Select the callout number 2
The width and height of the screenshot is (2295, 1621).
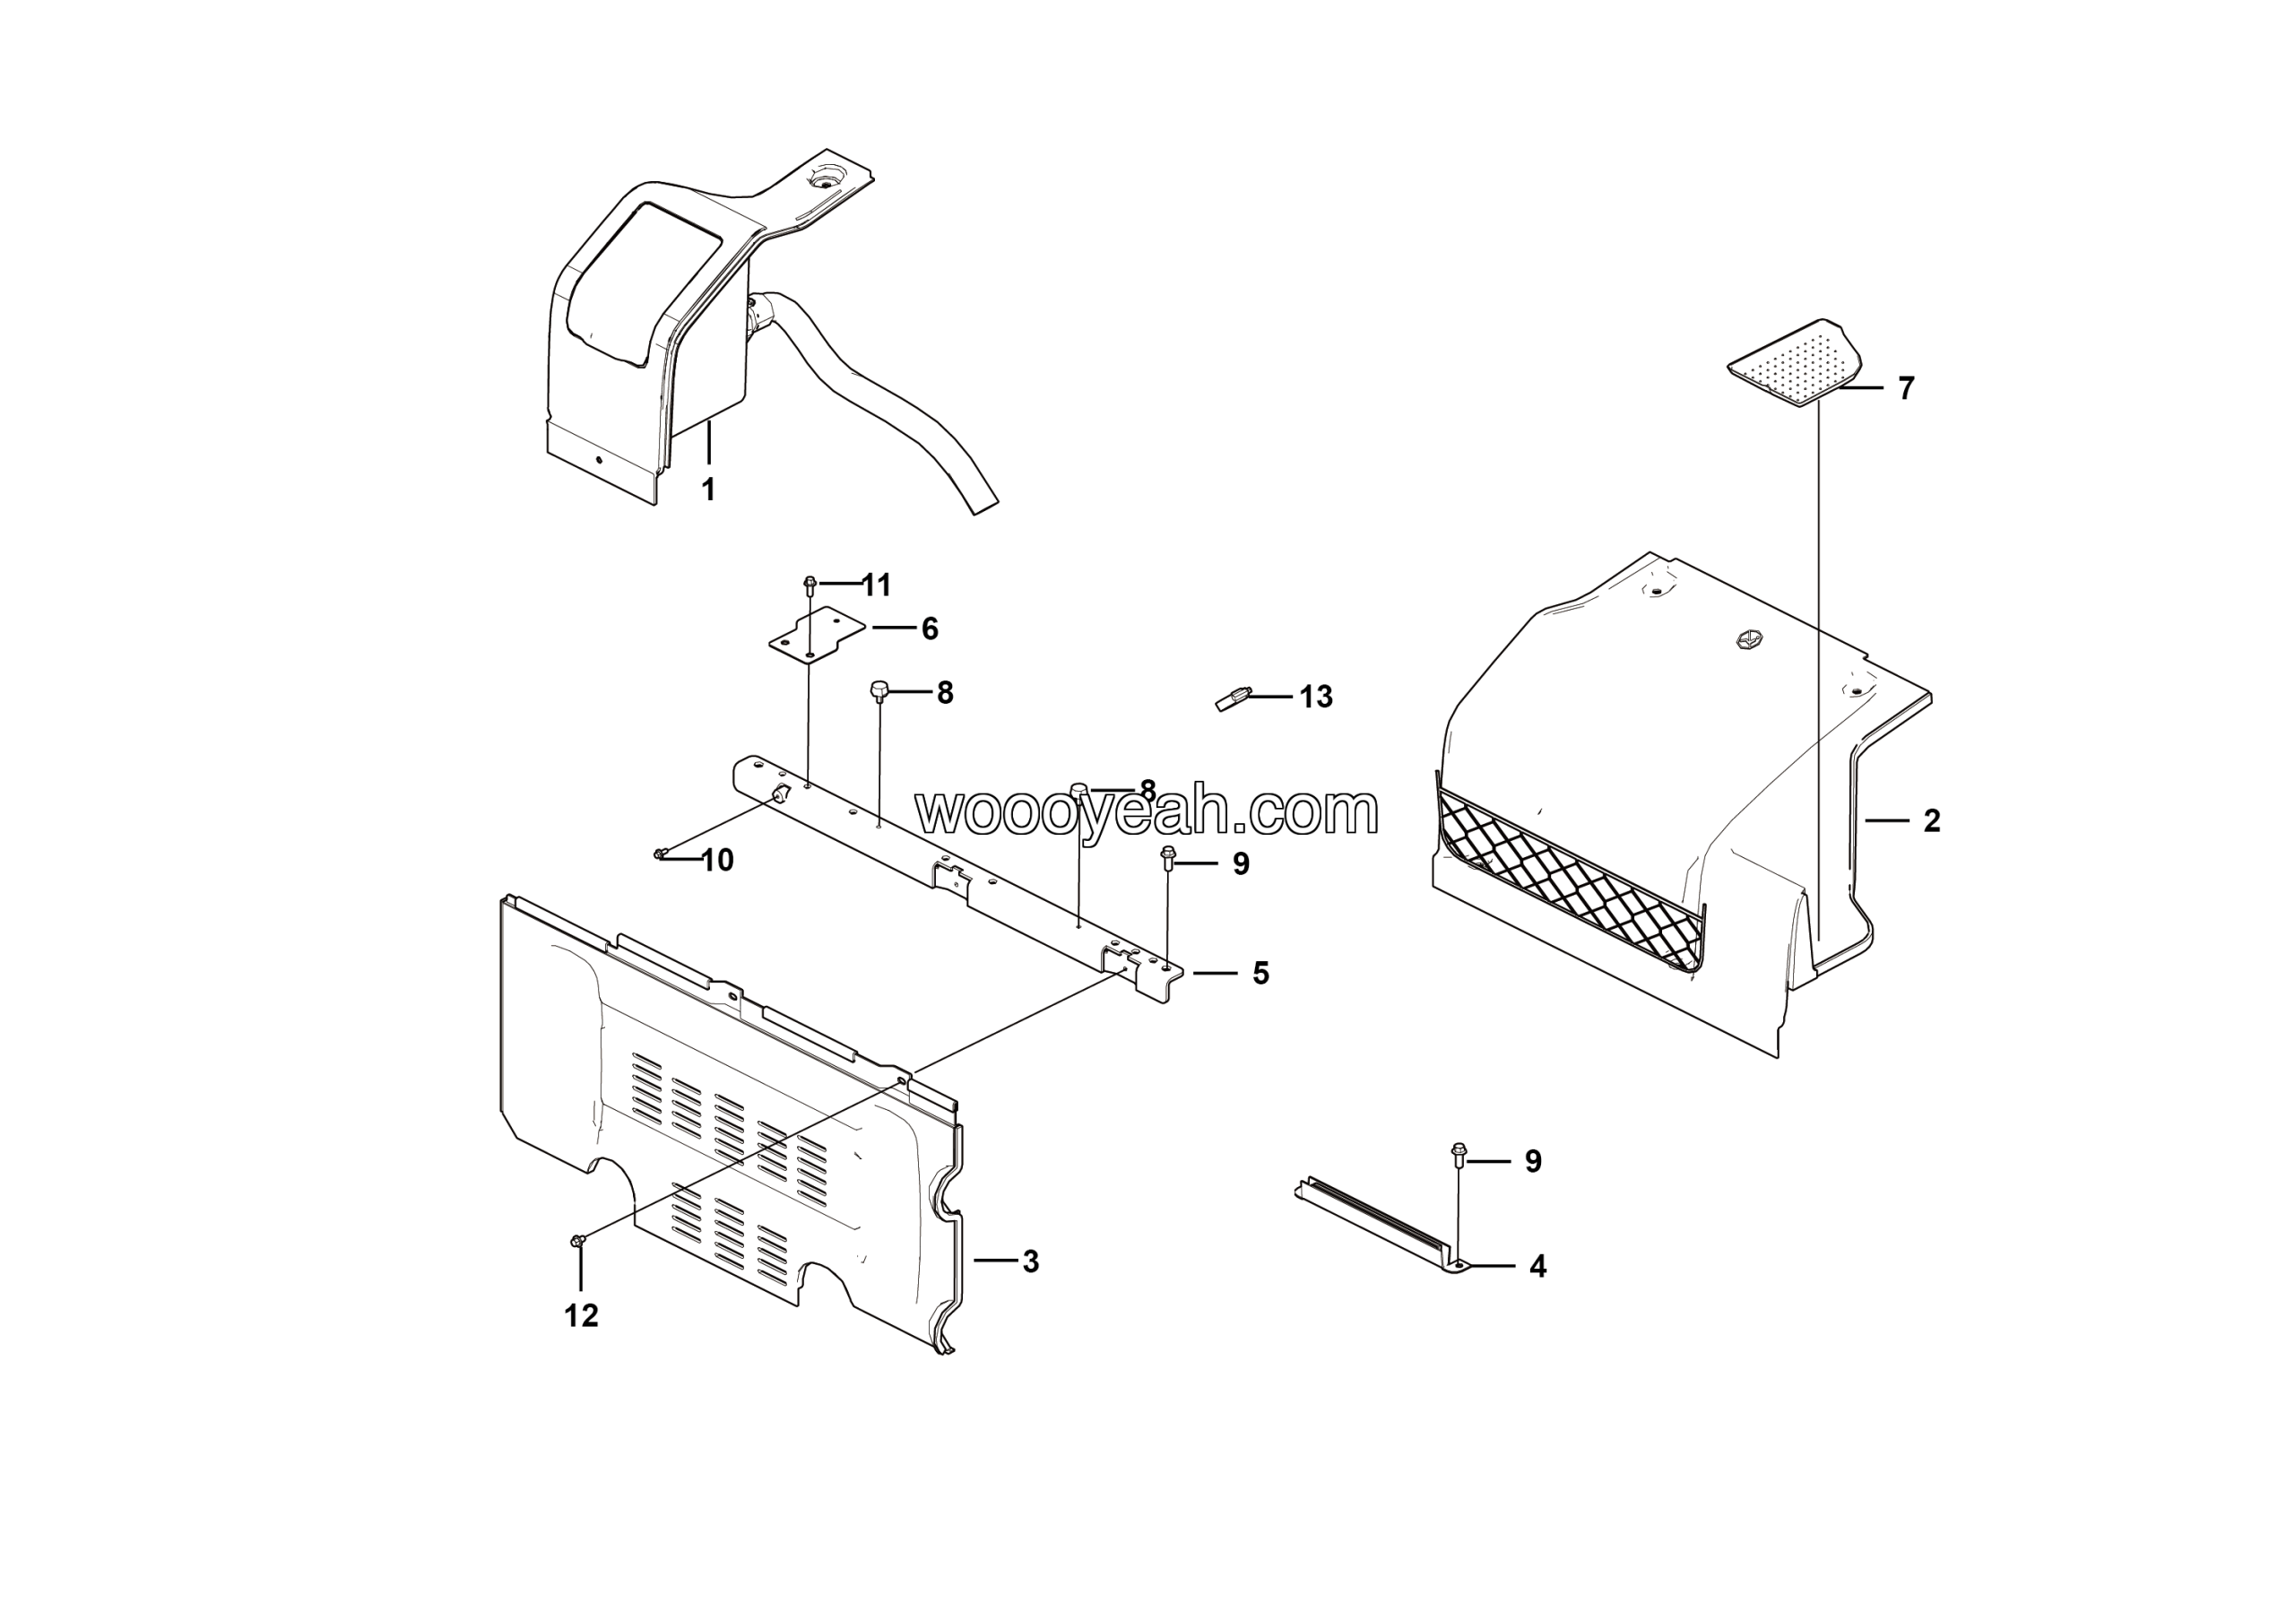point(1932,820)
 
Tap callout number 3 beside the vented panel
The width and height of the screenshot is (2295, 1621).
point(1031,1261)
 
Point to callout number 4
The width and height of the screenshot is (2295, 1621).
point(1537,1266)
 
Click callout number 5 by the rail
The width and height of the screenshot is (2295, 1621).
point(1260,973)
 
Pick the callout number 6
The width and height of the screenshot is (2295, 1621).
point(930,628)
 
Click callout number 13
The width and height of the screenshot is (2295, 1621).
point(1316,697)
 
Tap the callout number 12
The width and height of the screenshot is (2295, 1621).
point(582,1316)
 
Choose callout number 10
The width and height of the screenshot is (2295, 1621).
point(718,860)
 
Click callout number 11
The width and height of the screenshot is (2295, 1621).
point(877,585)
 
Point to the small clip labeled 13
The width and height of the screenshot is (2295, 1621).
point(1234,698)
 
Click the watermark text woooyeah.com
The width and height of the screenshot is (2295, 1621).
point(1147,811)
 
